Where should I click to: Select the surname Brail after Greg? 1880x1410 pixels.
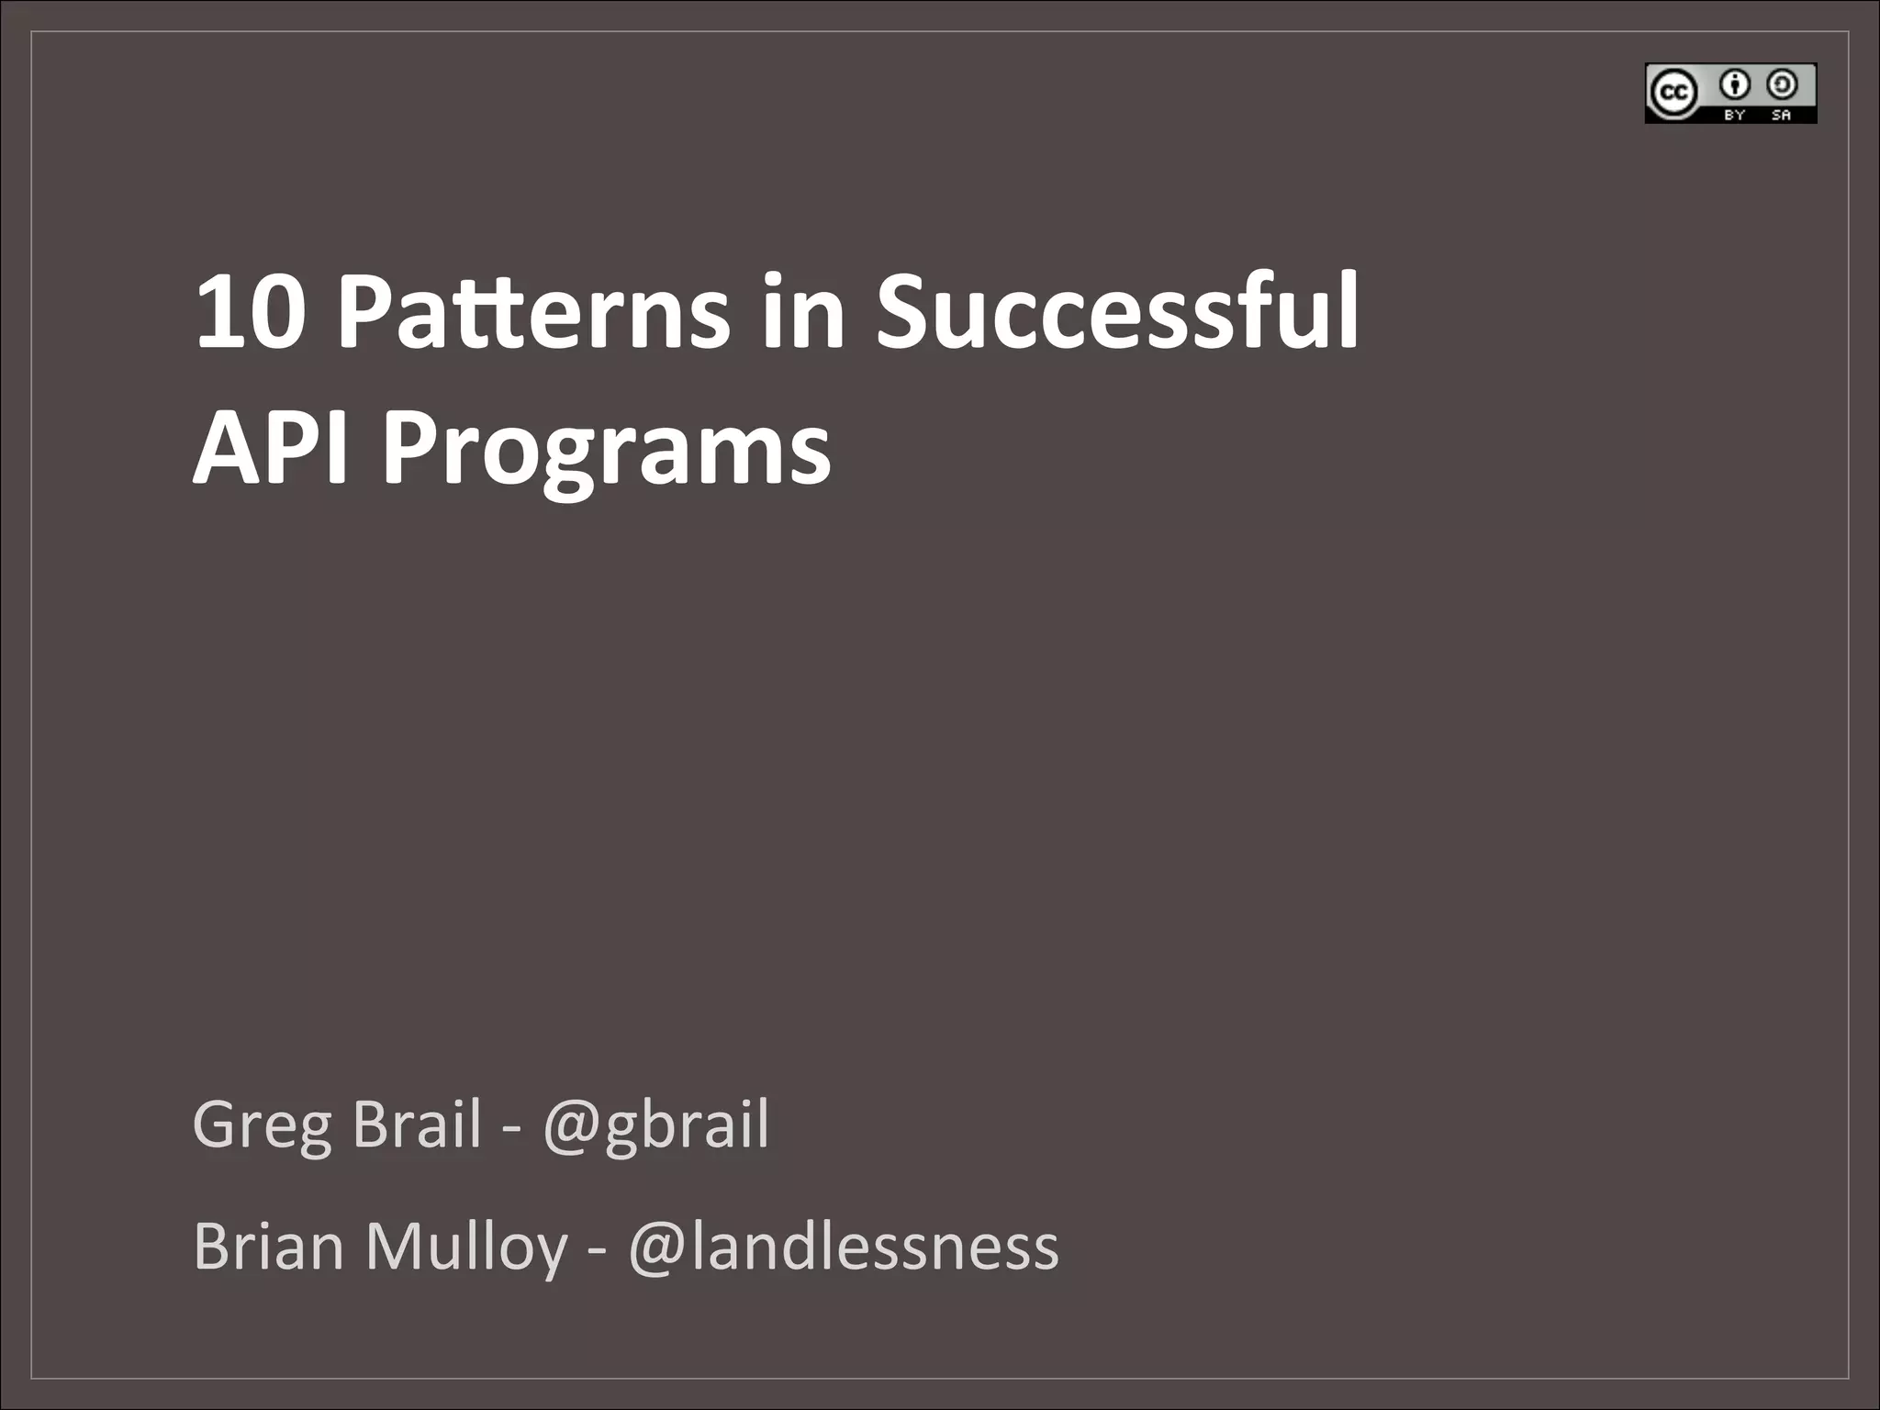pyautogui.click(x=416, y=1125)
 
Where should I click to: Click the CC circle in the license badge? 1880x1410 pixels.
pyautogui.click(x=1673, y=93)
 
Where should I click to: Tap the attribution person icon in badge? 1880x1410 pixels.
pyautogui.click(x=1735, y=85)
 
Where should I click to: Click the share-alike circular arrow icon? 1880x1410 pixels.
pyautogui.click(x=1782, y=85)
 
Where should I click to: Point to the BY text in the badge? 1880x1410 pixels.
pyautogui.click(x=1734, y=115)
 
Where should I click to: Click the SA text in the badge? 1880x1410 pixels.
pyautogui.click(x=1781, y=115)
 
